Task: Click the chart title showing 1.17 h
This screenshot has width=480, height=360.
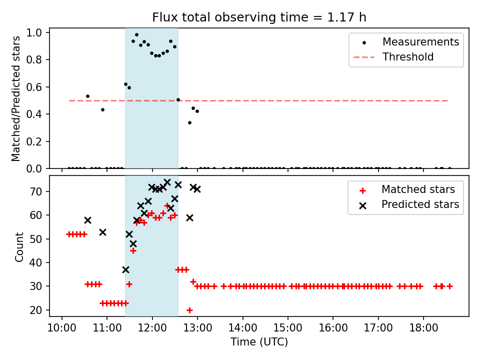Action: click(x=259, y=17)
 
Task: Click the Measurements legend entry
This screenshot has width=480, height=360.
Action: click(x=406, y=42)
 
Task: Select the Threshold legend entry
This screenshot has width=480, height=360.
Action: click(x=393, y=57)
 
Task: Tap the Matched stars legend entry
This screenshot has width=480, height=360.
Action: click(x=406, y=190)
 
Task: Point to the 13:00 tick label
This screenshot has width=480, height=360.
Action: click(x=197, y=328)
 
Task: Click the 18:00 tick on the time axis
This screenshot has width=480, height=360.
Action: click(x=423, y=328)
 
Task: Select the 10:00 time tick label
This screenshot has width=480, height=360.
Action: click(x=62, y=328)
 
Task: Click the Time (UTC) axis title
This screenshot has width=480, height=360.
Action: click(x=259, y=341)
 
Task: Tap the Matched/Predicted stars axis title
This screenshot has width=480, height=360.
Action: click(x=15, y=98)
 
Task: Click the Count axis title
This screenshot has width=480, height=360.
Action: click(x=19, y=246)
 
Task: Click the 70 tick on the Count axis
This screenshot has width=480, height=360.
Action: click(x=35, y=191)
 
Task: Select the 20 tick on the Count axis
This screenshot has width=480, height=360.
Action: click(x=35, y=310)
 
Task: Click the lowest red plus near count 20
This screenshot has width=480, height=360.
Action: click(x=189, y=310)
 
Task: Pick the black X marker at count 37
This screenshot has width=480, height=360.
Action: click(x=125, y=269)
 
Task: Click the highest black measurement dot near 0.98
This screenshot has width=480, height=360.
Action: click(x=136, y=35)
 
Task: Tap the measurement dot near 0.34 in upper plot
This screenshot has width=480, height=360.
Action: click(x=189, y=123)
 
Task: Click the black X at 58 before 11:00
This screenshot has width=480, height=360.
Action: click(x=87, y=220)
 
